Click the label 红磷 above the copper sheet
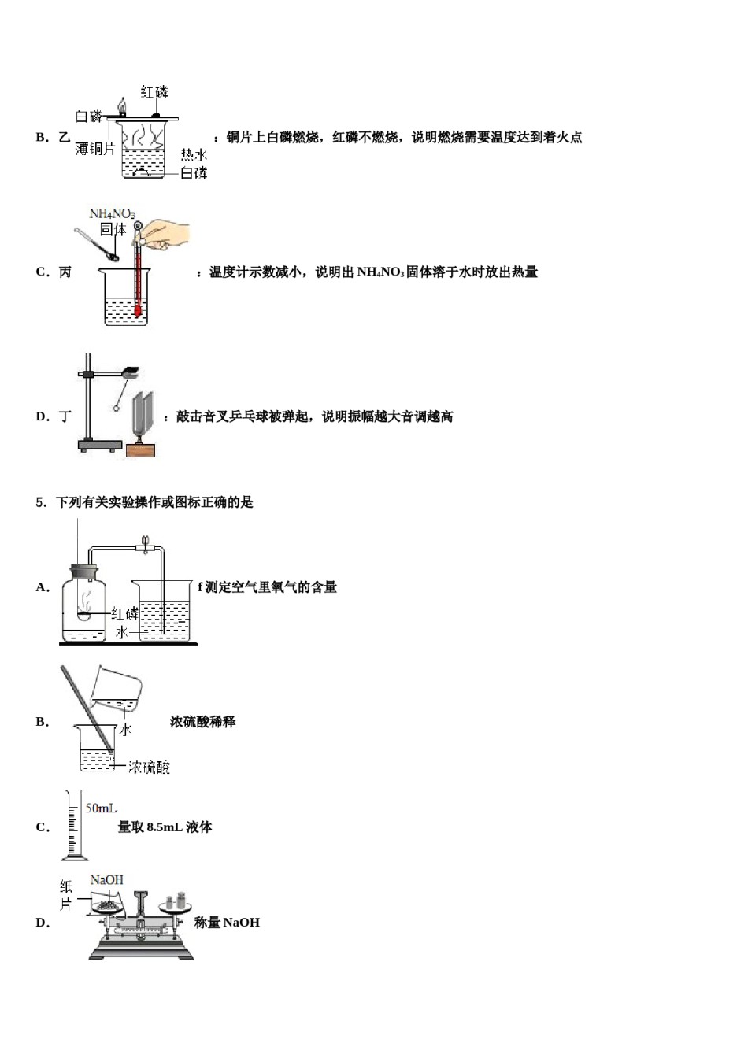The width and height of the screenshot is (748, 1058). coord(154,92)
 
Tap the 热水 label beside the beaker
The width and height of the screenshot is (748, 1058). coord(194,155)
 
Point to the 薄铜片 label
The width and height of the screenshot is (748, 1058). coord(95,149)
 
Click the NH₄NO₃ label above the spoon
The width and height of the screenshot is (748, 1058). coord(112,214)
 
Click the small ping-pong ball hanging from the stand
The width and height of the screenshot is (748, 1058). coord(117,407)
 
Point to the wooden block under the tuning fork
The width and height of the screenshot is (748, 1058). coord(140,450)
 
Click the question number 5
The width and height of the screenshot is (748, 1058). coord(42,502)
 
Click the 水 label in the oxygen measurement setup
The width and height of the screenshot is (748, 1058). coord(121,632)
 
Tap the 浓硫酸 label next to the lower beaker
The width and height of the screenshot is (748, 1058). coord(149,767)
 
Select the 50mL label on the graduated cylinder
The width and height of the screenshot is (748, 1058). coord(101,808)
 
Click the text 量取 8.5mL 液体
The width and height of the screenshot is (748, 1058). coord(165,827)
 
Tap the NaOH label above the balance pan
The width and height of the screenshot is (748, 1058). coord(106,880)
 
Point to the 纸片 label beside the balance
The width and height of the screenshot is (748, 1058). coord(66,896)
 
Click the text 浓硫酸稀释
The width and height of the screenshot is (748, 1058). coord(202,722)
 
